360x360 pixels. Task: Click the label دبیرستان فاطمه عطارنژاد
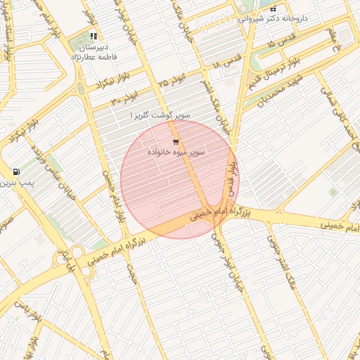[x=93, y=51]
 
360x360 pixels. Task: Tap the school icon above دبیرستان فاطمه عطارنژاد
[x=94, y=36]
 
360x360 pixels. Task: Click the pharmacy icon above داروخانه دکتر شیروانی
[x=273, y=8]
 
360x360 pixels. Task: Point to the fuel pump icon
[x=15, y=172]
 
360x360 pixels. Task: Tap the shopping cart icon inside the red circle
[x=175, y=142]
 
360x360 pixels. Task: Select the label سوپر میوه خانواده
[x=176, y=153]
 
